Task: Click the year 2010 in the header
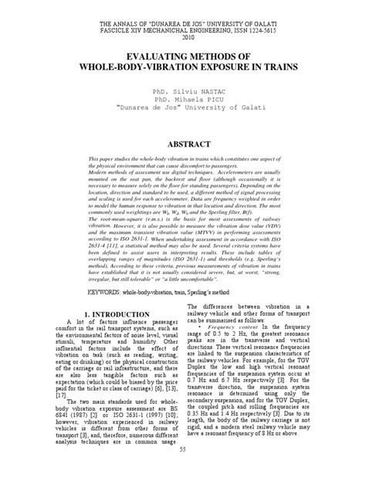pos(183,36)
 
